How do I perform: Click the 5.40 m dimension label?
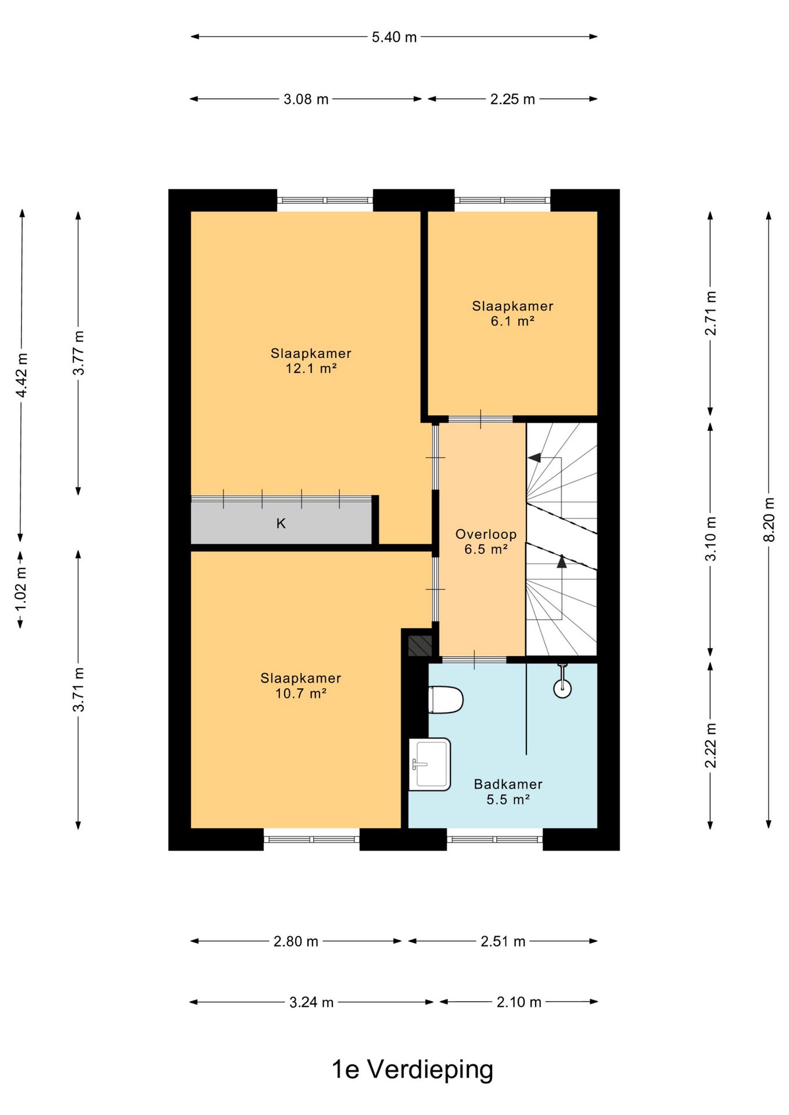click(394, 37)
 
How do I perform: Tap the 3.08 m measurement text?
click(306, 99)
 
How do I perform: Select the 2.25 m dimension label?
click(512, 99)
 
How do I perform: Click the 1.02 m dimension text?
click(21, 588)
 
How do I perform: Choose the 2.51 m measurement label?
click(503, 941)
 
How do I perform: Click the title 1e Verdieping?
click(413, 1069)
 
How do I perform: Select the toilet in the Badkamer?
click(446, 700)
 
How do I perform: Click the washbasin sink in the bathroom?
click(430, 764)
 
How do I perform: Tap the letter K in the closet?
click(281, 524)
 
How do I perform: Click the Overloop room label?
click(486, 534)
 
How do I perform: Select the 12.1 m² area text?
click(311, 368)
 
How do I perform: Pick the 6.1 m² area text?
click(512, 321)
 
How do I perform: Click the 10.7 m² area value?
click(301, 693)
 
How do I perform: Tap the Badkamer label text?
click(508, 784)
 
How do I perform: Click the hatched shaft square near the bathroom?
click(420, 646)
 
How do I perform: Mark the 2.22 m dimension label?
click(711, 746)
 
